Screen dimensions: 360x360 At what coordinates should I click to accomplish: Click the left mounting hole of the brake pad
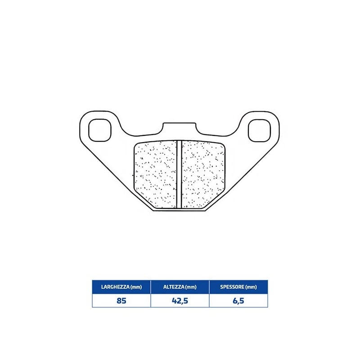click(x=99, y=130)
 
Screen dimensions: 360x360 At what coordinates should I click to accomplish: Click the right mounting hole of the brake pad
click(x=260, y=130)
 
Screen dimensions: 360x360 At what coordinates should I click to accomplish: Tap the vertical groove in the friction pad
click(x=179, y=175)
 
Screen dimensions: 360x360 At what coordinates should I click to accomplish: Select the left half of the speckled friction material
click(x=155, y=175)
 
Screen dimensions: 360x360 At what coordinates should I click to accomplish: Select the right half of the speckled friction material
click(x=203, y=175)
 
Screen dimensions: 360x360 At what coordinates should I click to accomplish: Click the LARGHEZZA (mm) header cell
click(x=121, y=287)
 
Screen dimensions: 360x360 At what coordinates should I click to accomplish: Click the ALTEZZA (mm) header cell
click(x=180, y=287)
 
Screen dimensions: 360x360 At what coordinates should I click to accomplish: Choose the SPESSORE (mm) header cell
click(x=238, y=287)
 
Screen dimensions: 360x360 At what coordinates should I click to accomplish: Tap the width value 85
click(x=121, y=301)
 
